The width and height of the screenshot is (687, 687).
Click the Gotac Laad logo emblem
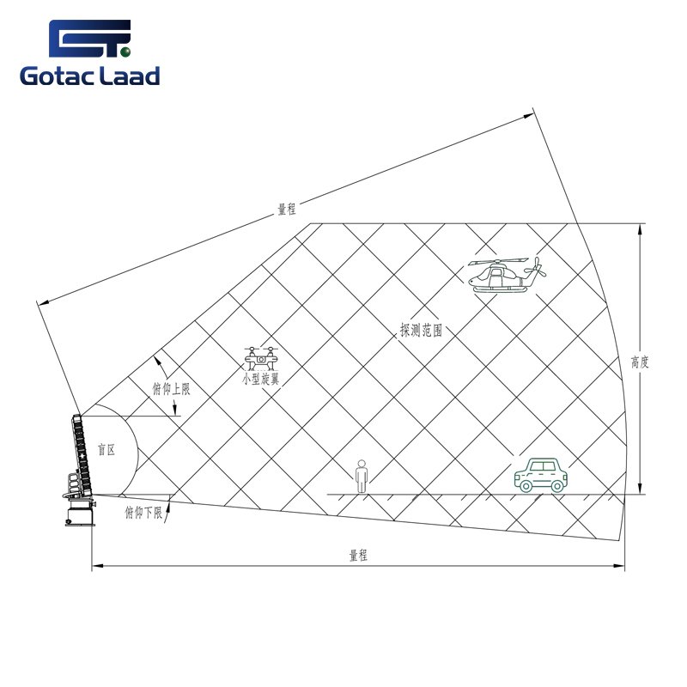(90, 38)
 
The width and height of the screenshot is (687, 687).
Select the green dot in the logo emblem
(125, 52)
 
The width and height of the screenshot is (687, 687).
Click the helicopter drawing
(507, 275)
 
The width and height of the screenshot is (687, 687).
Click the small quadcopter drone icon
(261, 358)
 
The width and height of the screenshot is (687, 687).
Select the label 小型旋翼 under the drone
(261, 379)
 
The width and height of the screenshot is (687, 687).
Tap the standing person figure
(362, 477)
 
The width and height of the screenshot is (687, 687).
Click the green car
(541, 475)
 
